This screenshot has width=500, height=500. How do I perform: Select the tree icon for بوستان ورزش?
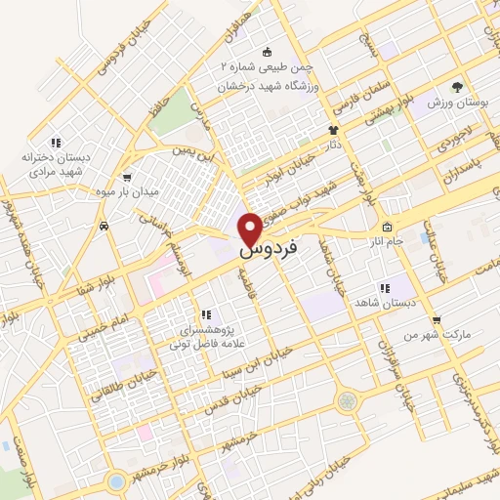point(456,88)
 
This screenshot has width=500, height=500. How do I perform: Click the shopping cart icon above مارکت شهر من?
point(436,319)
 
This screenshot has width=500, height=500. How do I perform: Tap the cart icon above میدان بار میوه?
point(126,177)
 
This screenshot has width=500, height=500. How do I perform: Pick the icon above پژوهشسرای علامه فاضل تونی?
point(205,314)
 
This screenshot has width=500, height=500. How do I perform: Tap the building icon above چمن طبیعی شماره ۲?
point(268,52)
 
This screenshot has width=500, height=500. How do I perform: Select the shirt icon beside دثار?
point(333,128)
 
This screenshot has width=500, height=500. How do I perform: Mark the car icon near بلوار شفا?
point(103,226)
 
